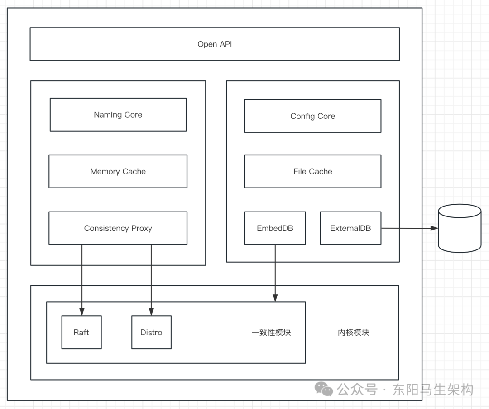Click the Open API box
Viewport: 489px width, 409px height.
[x=215, y=44]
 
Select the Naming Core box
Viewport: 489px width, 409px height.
[x=118, y=115]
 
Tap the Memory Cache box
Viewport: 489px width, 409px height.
[x=118, y=171]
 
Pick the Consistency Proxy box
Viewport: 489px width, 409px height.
[x=118, y=228]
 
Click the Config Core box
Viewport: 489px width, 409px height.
[x=312, y=116]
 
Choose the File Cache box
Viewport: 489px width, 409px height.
[x=312, y=171]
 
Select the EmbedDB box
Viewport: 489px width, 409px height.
[x=275, y=228]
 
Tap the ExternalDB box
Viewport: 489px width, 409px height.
[x=350, y=228]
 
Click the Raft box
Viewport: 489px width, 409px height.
[x=81, y=332]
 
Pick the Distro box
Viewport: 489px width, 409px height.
[x=151, y=332]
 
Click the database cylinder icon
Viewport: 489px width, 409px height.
[x=460, y=228]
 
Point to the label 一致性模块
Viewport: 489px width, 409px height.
[x=271, y=333]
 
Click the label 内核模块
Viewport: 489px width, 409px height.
[x=354, y=333]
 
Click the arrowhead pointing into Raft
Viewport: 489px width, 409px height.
[x=82, y=311]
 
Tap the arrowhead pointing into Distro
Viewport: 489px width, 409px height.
[x=152, y=311]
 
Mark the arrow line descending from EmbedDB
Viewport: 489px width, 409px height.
[x=275, y=271]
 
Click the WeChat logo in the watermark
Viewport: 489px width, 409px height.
[x=324, y=389]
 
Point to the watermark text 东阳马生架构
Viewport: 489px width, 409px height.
[x=433, y=390]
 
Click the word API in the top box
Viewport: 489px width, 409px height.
[x=225, y=44]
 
